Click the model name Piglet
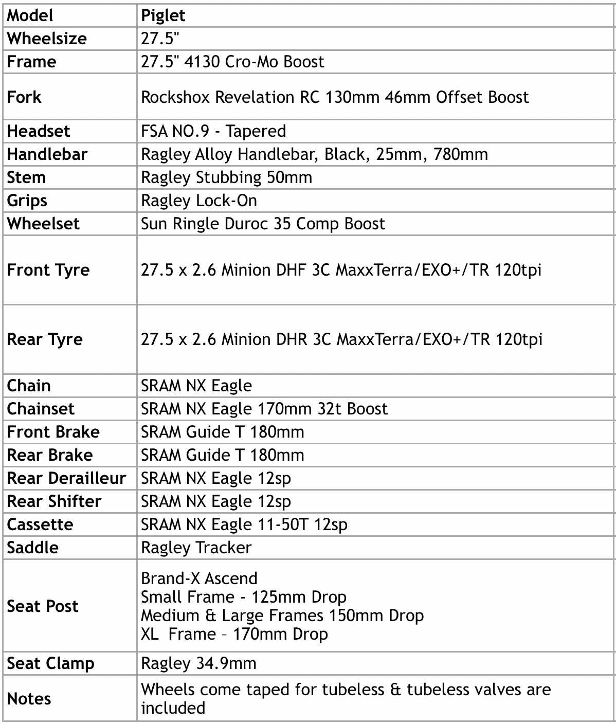click(x=163, y=16)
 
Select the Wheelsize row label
click(x=47, y=39)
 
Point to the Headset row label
click(x=38, y=131)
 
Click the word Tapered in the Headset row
click(x=256, y=131)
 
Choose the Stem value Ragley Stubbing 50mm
click(x=226, y=177)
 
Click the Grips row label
click(x=27, y=201)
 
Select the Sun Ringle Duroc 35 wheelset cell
click(x=263, y=224)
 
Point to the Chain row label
click(x=29, y=386)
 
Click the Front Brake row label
click(x=53, y=432)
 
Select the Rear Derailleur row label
click(x=66, y=478)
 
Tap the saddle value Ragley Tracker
click(x=196, y=548)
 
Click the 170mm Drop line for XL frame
click(x=234, y=634)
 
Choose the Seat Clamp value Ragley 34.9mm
click(x=198, y=663)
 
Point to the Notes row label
click(x=29, y=699)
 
